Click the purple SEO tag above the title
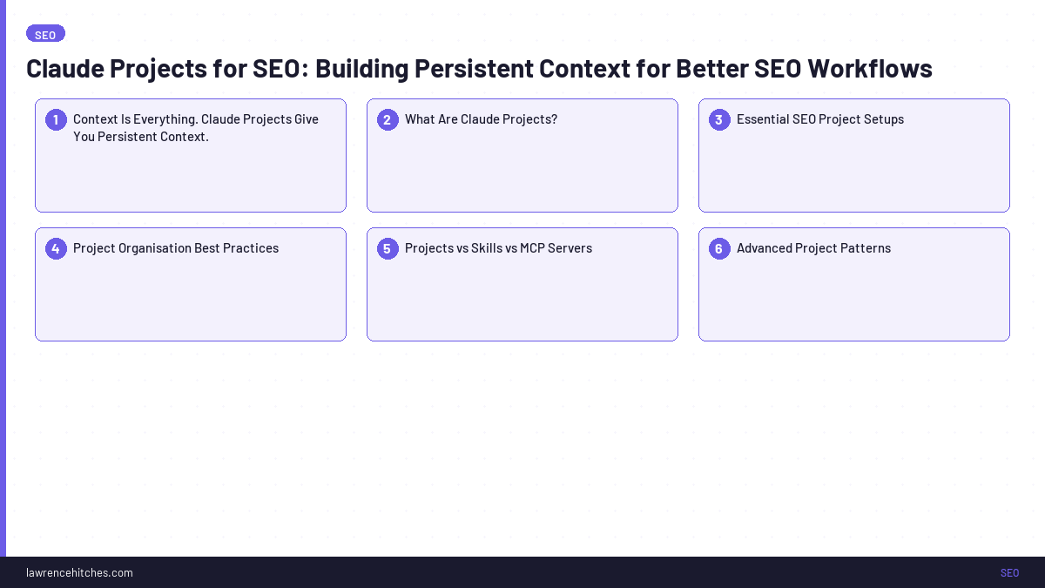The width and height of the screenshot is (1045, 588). (45, 34)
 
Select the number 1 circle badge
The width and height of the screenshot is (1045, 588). (56, 119)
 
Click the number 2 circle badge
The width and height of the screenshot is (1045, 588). (388, 119)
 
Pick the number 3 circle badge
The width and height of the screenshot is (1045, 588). (719, 119)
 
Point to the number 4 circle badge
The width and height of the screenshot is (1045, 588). (56, 248)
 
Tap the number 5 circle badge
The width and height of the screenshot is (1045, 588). (388, 248)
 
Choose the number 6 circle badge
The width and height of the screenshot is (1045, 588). (719, 248)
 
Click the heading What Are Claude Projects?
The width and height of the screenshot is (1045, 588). (481, 119)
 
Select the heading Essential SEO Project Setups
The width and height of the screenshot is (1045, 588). (819, 119)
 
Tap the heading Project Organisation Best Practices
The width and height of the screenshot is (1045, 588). (175, 248)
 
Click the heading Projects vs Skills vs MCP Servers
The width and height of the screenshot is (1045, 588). (498, 248)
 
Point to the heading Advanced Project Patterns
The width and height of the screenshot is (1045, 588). (813, 248)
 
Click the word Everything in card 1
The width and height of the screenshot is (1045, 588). (165, 119)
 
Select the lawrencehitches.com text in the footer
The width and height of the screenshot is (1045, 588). (79, 572)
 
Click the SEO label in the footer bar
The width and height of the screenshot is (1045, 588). (1009, 572)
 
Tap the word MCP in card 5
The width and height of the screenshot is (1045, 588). (532, 248)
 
